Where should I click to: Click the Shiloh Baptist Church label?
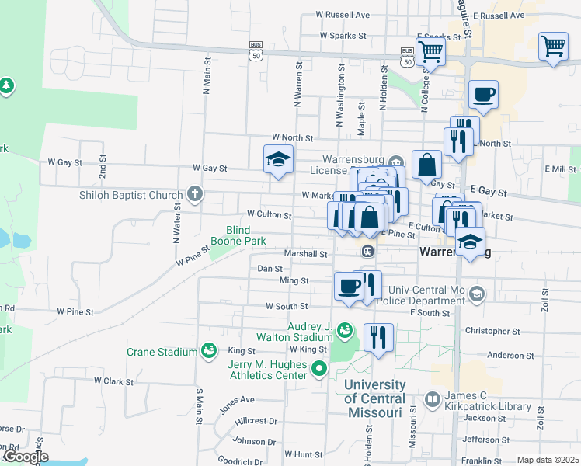pos(130,195)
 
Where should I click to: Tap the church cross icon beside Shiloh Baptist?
pos(194,195)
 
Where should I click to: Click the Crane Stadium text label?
pos(162,352)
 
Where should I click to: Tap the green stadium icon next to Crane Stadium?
pos(208,352)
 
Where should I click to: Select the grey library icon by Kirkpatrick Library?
pos(432,400)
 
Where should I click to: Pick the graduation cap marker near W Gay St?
pos(278,160)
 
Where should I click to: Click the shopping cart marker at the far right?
pos(552,47)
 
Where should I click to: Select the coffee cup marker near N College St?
pos(483,95)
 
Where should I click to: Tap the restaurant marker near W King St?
pos(378,337)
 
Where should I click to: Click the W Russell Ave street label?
pos(343,15)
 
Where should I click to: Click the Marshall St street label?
pos(305,253)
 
